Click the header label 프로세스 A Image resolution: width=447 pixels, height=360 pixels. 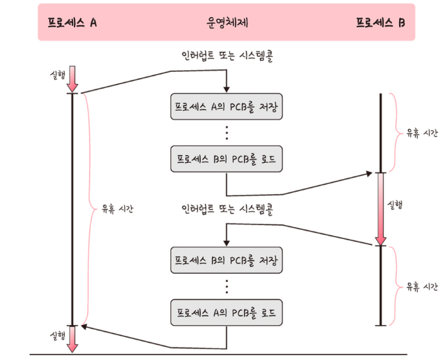[73, 24]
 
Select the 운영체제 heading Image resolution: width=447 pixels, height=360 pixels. [226, 24]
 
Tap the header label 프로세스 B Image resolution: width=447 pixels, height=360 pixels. [380, 24]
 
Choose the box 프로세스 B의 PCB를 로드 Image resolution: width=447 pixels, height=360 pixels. [227, 159]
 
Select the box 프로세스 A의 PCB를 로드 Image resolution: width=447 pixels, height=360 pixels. [227, 313]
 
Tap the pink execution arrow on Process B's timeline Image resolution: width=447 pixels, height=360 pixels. [380, 209]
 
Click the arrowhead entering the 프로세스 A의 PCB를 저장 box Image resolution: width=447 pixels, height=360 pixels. [227, 89]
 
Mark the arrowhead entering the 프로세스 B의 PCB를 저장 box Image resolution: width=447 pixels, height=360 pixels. [227, 243]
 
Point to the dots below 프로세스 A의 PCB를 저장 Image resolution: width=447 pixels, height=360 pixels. [227, 133]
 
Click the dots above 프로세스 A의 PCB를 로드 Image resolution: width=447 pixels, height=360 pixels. [227, 287]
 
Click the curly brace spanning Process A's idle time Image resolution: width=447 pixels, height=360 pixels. [88, 209]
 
